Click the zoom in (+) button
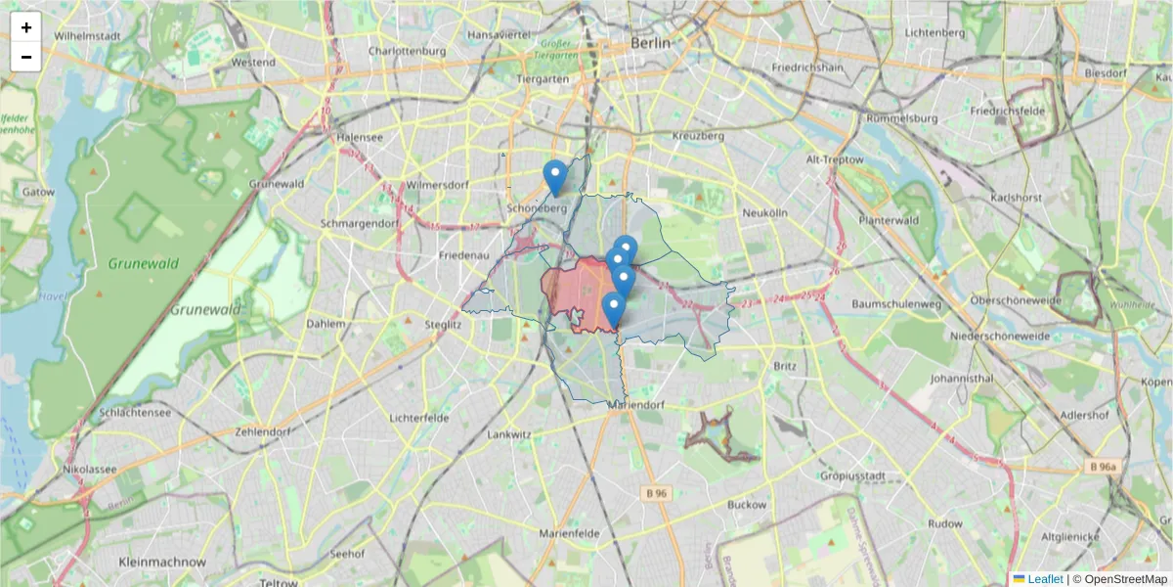pos(26,27)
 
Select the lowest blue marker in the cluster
pos(614,309)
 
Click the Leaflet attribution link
pos(1045,579)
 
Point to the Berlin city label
pos(651,43)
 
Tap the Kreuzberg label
pos(698,136)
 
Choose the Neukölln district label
pos(764,212)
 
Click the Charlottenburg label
pos(407,51)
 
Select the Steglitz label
pos(443,323)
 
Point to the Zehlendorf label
pos(264,431)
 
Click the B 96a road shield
pos(1102,468)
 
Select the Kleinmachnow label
pos(162,563)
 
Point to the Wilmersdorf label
pos(438,184)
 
